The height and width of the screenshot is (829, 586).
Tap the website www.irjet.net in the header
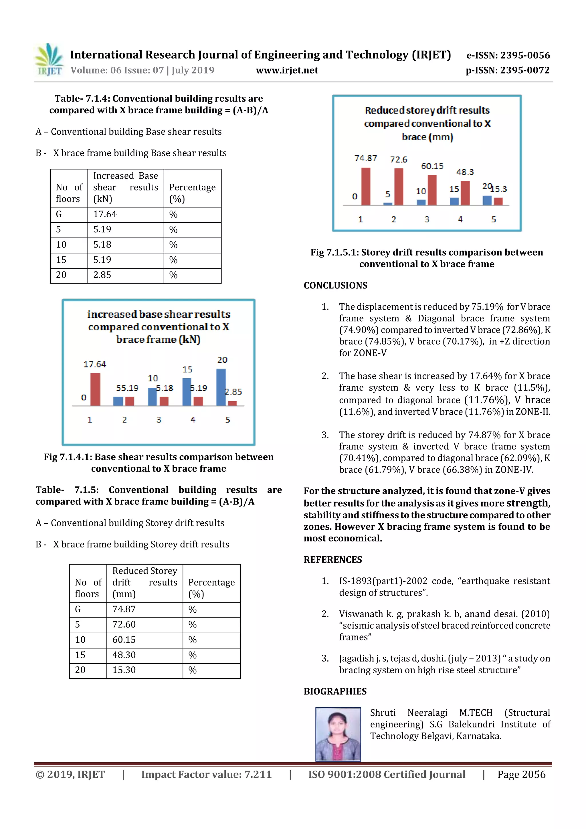(287, 70)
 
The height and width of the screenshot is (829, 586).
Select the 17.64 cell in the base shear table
(105, 214)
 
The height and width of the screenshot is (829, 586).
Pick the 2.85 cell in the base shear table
(102, 275)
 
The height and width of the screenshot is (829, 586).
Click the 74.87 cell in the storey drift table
(124, 609)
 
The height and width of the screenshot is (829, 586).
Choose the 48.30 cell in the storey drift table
(124, 655)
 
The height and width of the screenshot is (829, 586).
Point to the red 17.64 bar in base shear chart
(95, 389)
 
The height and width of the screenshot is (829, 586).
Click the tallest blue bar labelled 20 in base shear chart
(221, 387)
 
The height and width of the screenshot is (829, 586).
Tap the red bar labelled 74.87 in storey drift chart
(366, 186)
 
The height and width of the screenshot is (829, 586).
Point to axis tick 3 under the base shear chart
(159, 420)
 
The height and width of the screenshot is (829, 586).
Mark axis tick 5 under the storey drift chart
(494, 219)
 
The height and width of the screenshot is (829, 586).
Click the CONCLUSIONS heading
(335, 285)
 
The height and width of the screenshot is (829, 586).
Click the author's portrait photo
(338, 734)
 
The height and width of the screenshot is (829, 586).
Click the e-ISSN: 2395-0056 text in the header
(508, 55)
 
